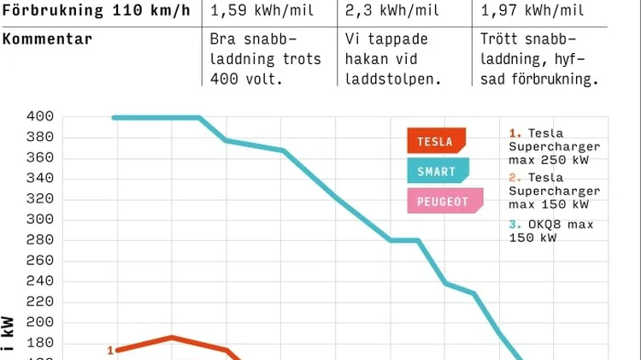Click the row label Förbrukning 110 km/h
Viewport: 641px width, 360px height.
(x=96, y=11)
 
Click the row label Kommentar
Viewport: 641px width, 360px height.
(x=47, y=40)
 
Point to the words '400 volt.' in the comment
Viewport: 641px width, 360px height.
(x=244, y=79)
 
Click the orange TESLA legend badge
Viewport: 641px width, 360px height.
(x=436, y=140)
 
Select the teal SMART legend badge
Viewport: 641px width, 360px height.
(x=438, y=171)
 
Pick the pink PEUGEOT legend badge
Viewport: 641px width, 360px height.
(x=444, y=202)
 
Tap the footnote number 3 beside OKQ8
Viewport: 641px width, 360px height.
(x=512, y=226)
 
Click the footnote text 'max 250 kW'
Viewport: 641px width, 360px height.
(x=548, y=159)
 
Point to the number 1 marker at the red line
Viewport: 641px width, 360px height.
(x=110, y=350)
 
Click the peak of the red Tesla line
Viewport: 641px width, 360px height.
(x=172, y=338)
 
